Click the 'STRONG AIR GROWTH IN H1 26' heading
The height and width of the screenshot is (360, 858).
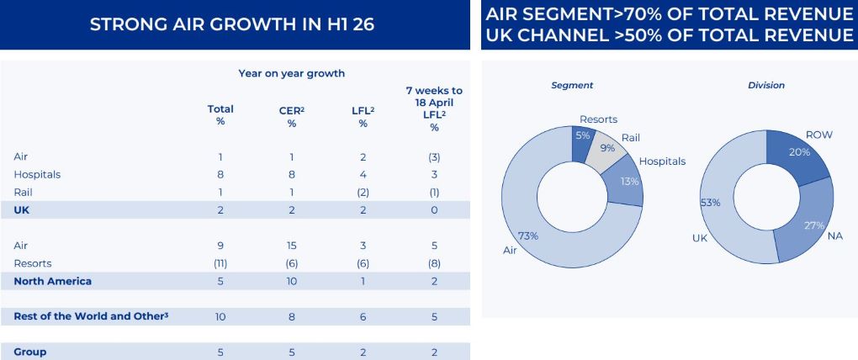(x=232, y=24)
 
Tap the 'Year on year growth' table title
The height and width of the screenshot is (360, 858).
(x=291, y=73)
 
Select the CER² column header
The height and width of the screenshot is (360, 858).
(x=291, y=116)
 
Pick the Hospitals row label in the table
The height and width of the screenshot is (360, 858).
(x=37, y=175)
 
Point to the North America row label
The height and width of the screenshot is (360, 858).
(x=52, y=281)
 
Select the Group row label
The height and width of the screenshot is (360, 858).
(x=30, y=352)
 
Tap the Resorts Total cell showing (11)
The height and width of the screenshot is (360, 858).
(x=220, y=263)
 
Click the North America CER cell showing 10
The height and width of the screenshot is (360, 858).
(x=292, y=281)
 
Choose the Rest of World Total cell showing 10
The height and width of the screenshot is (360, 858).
(x=220, y=316)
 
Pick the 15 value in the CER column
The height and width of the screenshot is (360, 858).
(x=292, y=246)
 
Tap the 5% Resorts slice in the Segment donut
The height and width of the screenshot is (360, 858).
(x=581, y=140)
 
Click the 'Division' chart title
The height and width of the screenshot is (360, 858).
(x=765, y=85)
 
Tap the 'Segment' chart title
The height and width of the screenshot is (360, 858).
(x=572, y=85)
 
